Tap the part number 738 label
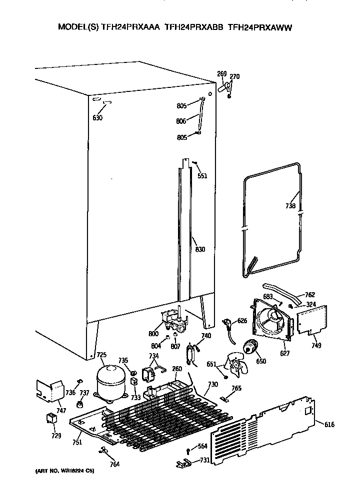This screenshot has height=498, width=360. point(290,206)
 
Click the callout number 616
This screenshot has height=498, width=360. point(329,425)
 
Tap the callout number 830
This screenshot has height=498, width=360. point(200,249)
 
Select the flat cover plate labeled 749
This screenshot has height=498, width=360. point(311,320)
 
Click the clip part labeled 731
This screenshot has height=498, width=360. point(183,464)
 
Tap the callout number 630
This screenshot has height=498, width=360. point(97,118)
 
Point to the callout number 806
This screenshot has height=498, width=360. point(181,121)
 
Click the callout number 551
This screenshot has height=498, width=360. point(202,175)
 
